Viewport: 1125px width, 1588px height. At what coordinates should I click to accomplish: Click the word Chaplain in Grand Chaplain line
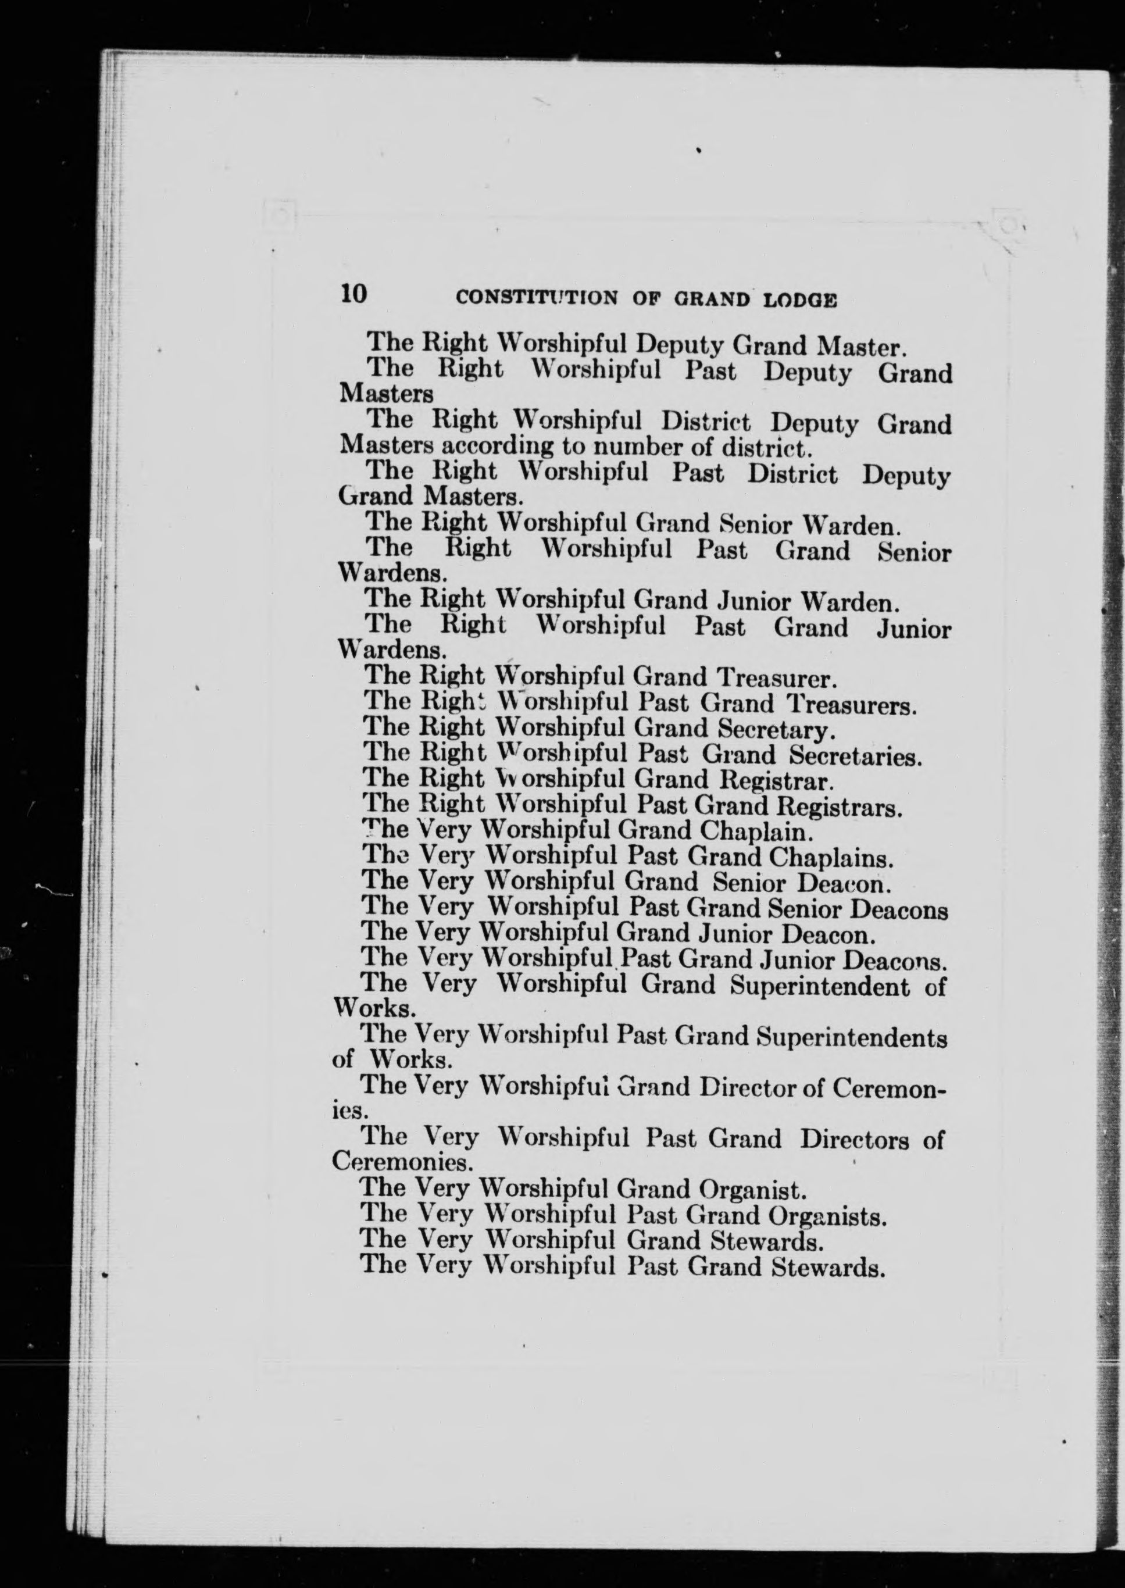coord(756,832)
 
